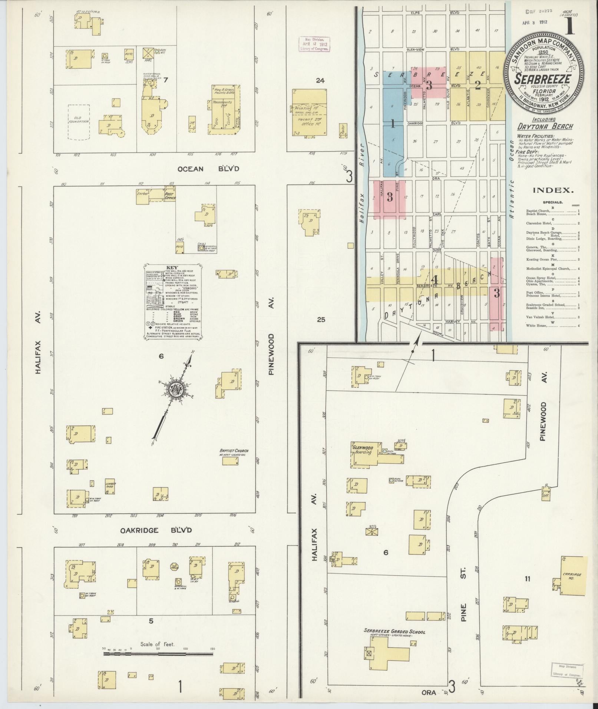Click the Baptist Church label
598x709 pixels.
tap(233, 452)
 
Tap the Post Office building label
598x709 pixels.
tap(170, 196)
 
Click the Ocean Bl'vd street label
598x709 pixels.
tap(208, 169)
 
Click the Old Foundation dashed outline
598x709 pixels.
tap(79, 122)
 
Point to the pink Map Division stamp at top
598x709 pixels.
tap(314, 44)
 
